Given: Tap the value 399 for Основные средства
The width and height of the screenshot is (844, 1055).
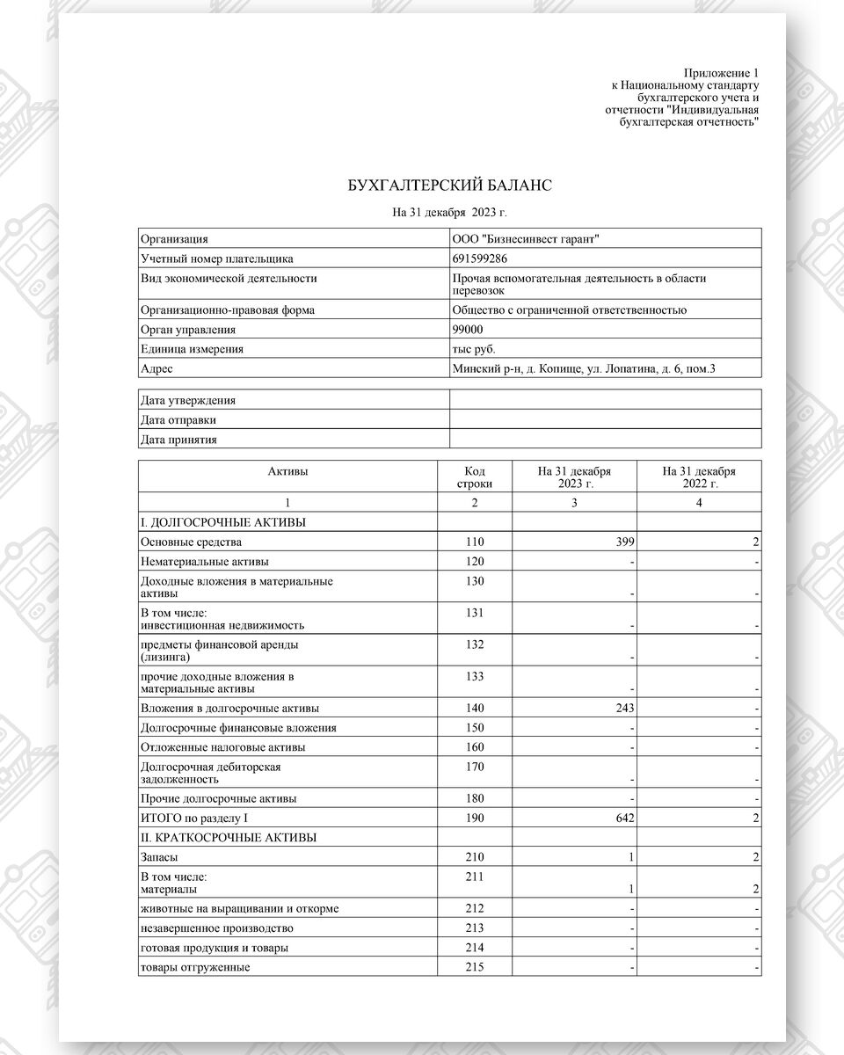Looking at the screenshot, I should pyautogui.click(x=623, y=542).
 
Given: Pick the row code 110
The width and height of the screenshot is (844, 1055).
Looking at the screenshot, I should pyautogui.click(x=475, y=542).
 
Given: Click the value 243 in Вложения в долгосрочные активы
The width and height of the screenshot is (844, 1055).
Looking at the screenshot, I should pyautogui.click(x=623, y=709).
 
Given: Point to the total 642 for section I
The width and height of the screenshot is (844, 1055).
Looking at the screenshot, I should pyautogui.click(x=623, y=819).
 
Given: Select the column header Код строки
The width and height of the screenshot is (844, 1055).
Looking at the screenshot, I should pyautogui.click(x=475, y=477).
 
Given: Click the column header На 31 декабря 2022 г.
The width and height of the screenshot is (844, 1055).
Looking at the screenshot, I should pyautogui.click(x=699, y=477).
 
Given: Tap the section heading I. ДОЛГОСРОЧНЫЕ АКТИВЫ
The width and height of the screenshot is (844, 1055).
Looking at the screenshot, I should pyautogui.click(x=223, y=522).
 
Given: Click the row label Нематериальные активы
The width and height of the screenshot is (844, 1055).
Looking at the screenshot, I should pyautogui.click(x=205, y=562).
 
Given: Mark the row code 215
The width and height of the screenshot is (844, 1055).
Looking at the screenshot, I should pyautogui.click(x=475, y=967).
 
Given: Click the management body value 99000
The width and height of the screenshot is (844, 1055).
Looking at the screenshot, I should pyautogui.click(x=467, y=330).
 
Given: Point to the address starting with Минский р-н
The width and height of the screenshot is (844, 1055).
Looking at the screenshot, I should pyautogui.click(x=583, y=368).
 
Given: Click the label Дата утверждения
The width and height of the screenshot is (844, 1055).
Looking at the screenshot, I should pyautogui.click(x=188, y=401).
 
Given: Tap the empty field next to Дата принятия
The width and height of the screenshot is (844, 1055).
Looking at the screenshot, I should pyautogui.click(x=605, y=440).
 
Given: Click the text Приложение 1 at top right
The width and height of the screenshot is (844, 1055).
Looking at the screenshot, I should pyautogui.click(x=720, y=72).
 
